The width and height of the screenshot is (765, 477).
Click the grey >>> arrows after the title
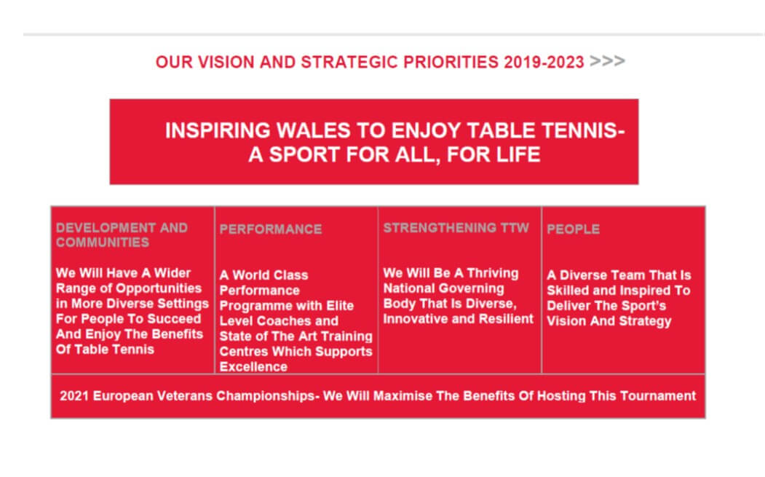click(607, 61)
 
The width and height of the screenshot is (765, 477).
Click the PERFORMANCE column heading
click(270, 229)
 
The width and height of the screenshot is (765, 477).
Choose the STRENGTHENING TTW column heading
click(456, 228)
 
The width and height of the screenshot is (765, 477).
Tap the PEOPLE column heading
click(574, 229)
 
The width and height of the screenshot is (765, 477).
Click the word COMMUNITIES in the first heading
click(102, 243)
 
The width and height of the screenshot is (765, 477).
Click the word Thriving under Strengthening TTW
click(492, 273)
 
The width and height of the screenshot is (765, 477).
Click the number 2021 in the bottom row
click(74, 396)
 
